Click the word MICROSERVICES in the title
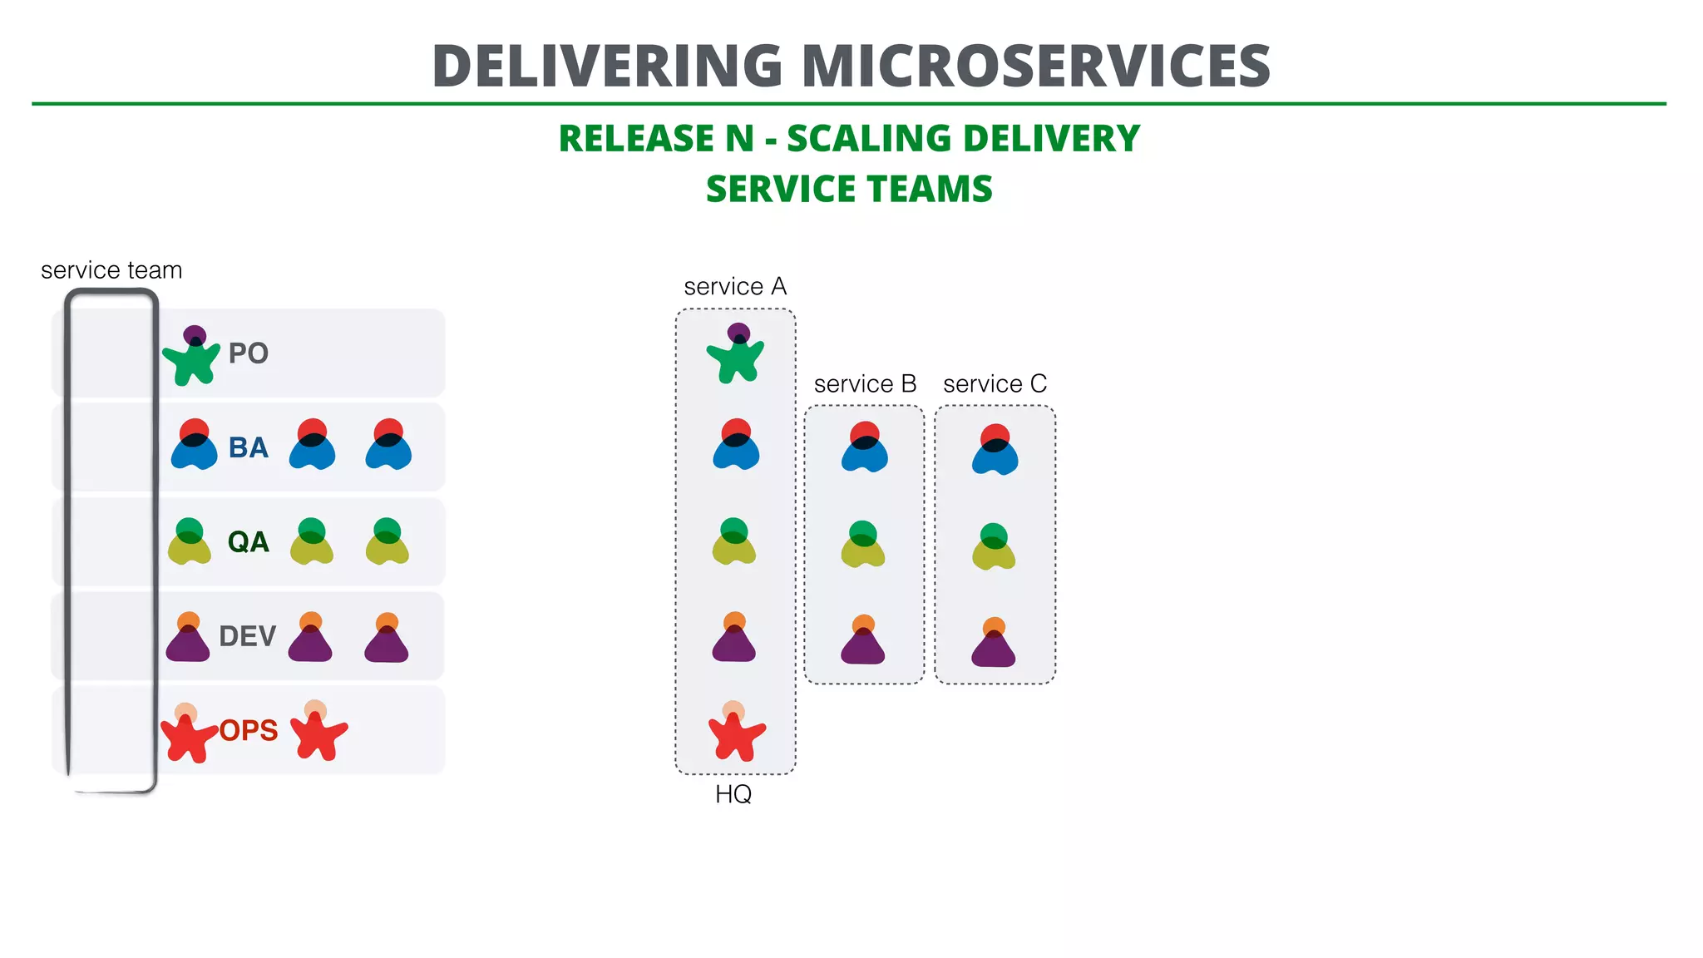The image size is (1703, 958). tap(1035, 67)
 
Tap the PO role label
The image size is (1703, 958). tap(248, 353)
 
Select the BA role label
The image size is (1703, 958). tap(248, 447)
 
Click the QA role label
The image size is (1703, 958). tap(248, 542)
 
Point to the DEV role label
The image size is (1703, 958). tap(247, 636)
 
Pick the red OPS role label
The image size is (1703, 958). tap(249, 730)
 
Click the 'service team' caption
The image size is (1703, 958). tap(111, 270)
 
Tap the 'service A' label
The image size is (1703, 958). tap(735, 287)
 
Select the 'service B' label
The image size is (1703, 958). tap(865, 384)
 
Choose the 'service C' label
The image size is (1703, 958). tap(995, 384)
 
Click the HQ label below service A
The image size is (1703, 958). tap(733, 794)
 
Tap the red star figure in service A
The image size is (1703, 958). tap(735, 734)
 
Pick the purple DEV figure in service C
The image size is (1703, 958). tap(994, 644)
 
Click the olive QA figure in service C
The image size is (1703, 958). tap(994, 549)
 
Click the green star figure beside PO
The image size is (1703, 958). tap(191, 359)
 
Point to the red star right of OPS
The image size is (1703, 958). tap(318, 733)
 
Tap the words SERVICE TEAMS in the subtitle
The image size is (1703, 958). tap(849, 190)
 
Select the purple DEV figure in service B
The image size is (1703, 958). tap(863, 642)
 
